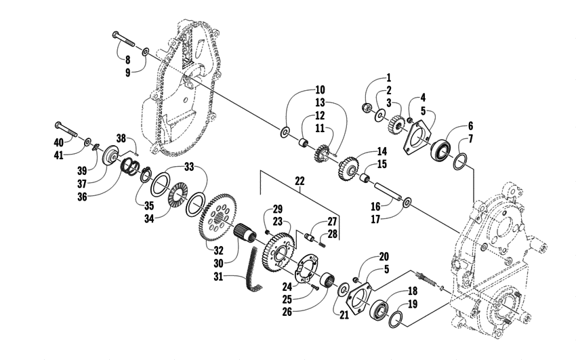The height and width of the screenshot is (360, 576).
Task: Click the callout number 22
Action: click(300, 181)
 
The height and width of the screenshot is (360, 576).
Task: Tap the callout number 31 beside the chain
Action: click(219, 276)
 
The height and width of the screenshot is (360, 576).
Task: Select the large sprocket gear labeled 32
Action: click(218, 217)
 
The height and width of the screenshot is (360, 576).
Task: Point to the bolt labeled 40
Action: click(66, 129)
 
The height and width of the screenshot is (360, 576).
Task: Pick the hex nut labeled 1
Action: click(365, 107)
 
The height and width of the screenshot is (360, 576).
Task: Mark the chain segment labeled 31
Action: click(254, 270)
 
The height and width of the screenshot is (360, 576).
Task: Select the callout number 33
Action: click(189, 167)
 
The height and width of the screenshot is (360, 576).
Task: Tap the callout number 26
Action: click(287, 311)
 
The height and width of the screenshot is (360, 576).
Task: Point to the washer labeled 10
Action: click(285, 132)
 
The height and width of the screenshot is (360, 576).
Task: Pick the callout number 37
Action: click(81, 183)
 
